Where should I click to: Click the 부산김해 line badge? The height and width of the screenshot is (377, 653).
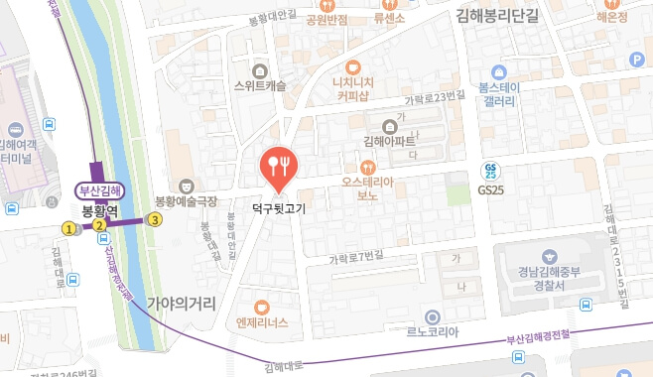tap(99, 191)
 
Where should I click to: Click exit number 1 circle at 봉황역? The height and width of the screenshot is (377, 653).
tap(68, 228)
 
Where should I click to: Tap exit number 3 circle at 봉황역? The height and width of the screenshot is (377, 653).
tap(155, 220)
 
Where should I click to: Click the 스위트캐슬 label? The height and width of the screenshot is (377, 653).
tap(261, 85)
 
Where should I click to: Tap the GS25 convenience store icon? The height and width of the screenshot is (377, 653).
tap(491, 170)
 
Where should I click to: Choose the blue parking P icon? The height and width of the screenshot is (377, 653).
tap(637, 60)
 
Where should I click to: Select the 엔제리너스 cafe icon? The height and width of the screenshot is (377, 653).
tap(262, 307)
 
